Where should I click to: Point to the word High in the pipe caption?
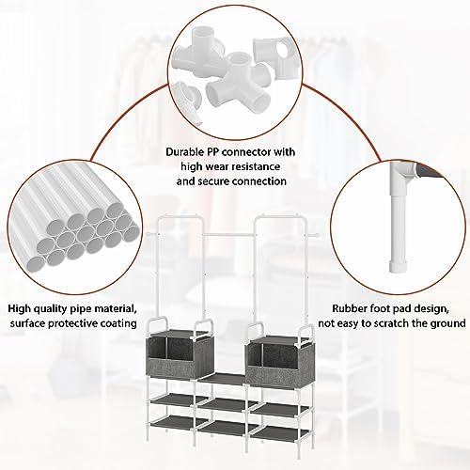click(x=19, y=308)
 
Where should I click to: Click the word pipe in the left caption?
click(x=80, y=309)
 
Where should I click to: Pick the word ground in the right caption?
click(x=449, y=324)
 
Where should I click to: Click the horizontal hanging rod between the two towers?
click(x=228, y=235)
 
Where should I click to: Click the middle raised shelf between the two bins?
click(x=223, y=379)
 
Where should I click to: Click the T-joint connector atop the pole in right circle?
click(x=402, y=173)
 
